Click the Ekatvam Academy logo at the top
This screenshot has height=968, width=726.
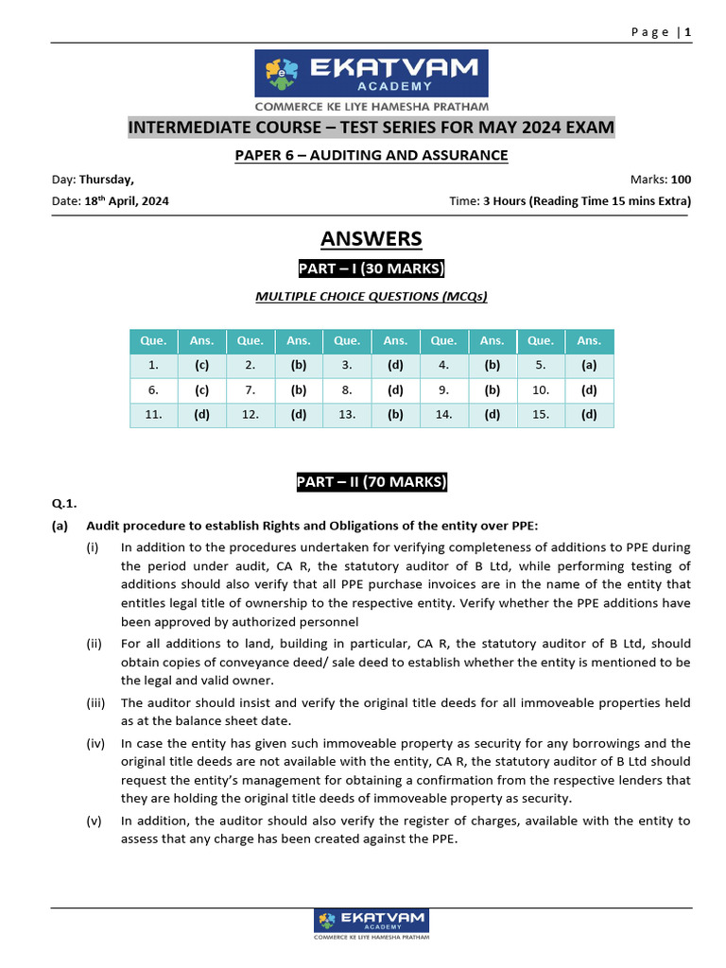[x=372, y=74]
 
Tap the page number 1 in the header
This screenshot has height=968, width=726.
[x=689, y=32]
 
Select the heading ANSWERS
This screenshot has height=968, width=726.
[x=372, y=238]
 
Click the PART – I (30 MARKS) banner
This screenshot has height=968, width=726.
[x=372, y=268]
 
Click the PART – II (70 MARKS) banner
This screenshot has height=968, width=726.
[x=372, y=482]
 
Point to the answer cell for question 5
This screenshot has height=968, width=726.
[x=589, y=365]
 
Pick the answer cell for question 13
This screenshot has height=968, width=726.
[x=395, y=414]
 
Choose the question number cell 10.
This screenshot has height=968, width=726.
[x=541, y=389]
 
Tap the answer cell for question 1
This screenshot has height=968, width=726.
[x=201, y=365]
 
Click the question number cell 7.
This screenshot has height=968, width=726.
[x=251, y=389]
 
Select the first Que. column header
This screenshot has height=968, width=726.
[x=153, y=340]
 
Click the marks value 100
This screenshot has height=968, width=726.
[x=681, y=179]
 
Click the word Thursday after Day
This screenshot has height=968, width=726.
[x=106, y=179]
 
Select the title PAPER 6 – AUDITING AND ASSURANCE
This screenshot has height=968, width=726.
[x=372, y=155]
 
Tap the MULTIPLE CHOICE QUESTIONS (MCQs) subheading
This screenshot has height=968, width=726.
[x=372, y=297]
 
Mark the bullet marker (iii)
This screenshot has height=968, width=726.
[x=95, y=702]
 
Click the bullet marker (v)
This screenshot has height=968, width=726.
[x=95, y=821]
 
